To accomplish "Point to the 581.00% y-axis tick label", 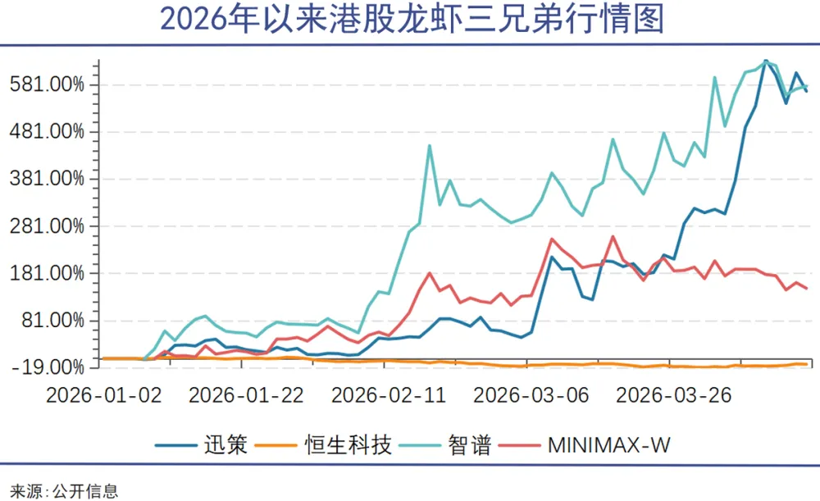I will click(48, 84).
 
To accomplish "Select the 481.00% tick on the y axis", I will click(48, 131).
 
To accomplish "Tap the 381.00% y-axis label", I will click(48, 179).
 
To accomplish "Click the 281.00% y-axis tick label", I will click(48, 225).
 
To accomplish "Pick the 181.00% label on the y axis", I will click(48, 273).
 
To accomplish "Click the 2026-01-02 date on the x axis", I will click(103, 394).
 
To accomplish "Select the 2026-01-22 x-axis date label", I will click(246, 394).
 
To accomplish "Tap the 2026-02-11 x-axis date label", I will click(389, 394).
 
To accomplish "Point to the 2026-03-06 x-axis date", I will click(531, 394).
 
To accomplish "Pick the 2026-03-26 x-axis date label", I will click(674, 394).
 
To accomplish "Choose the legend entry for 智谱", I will click(470, 445).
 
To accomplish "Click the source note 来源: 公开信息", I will click(59, 490).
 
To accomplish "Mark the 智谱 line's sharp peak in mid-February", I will click(430, 146).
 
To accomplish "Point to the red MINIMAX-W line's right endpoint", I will click(807, 288).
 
